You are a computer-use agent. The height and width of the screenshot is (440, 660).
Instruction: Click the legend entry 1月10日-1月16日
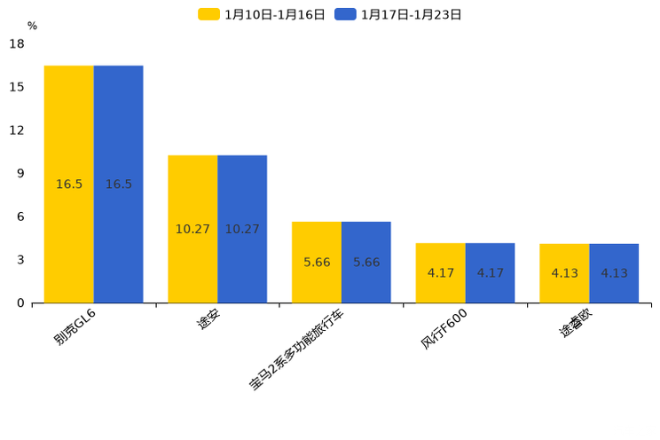click(263, 14)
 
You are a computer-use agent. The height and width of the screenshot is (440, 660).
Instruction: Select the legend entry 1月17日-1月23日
click(399, 14)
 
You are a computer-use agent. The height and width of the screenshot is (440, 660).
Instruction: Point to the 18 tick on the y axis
click(17, 43)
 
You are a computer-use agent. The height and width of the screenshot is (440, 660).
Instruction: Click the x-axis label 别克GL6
click(75, 327)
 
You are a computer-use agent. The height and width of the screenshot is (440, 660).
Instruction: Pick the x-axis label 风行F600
click(444, 329)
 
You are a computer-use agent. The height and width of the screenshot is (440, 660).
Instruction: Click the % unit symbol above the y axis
click(32, 26)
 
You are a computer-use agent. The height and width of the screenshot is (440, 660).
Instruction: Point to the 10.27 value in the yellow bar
click(192, 229)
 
